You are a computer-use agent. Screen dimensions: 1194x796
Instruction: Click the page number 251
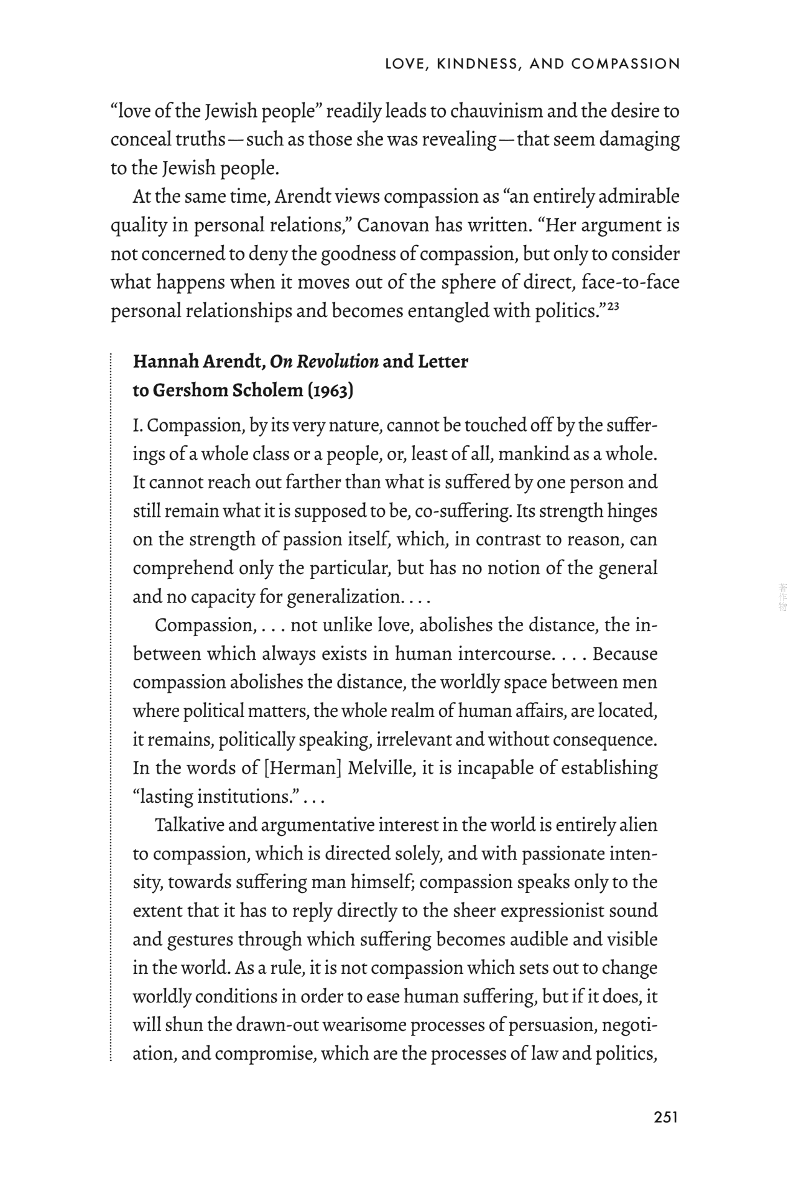coord(665,1117)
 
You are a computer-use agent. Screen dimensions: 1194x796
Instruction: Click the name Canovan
coord(394,225)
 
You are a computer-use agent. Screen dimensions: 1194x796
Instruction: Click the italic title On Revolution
coord(324,361)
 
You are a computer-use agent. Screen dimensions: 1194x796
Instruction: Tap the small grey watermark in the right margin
coord(782,597)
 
